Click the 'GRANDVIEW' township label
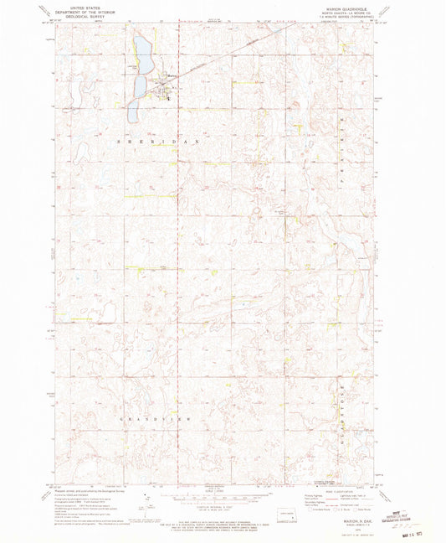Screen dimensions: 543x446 [x=161, y=417]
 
